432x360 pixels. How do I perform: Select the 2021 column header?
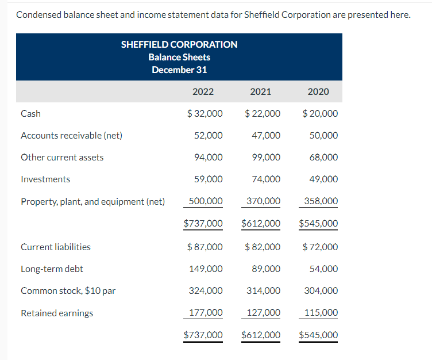261,91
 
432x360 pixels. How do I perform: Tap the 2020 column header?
318,91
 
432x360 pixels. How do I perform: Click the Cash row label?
30,114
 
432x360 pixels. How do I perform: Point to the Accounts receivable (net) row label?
71,136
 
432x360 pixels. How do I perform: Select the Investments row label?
45,179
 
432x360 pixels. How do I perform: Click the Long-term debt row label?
48,269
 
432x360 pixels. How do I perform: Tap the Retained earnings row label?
57,313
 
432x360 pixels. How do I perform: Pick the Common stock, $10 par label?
68,291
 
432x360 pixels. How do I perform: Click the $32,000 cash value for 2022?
205,114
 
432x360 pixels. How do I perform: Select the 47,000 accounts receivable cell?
266,136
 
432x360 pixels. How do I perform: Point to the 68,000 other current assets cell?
323,158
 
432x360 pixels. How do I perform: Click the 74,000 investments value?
266,179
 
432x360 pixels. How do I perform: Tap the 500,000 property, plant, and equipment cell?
206,201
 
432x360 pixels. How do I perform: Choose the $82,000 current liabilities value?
263,247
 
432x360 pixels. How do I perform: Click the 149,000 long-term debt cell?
206,269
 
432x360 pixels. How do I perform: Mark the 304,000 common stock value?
321,291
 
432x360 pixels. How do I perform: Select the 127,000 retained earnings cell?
264,313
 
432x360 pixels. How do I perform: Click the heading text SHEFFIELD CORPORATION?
179,44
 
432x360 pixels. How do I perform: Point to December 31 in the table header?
179,70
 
